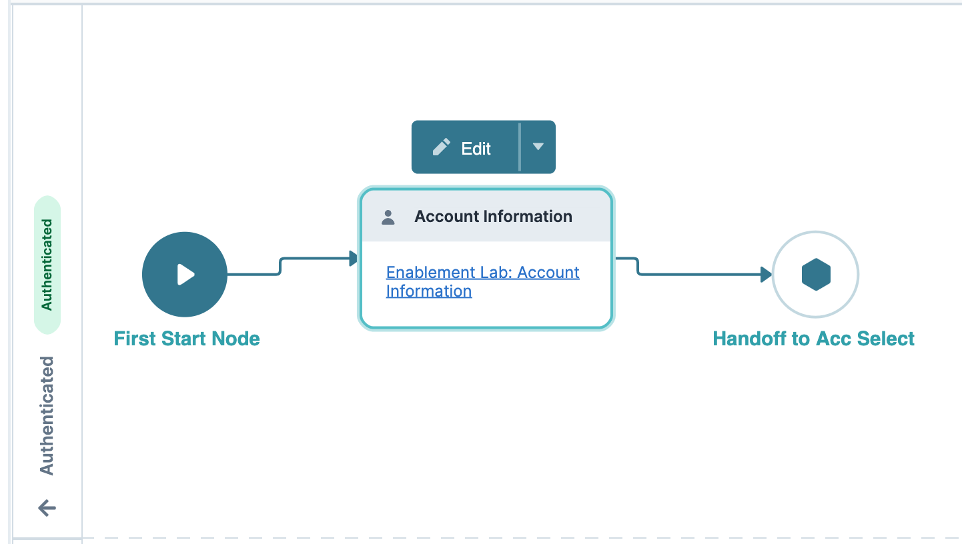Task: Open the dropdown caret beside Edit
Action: pyautogui.click(x=538, y=147)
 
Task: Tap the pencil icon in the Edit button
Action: pyautogui.click(x=441, y=148)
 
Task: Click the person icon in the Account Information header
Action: pyautogui.click(x=388, y=217)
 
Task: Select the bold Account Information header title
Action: pyautogui.click(x=493, y=217)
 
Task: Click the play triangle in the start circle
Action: pyautogui.click(x=185, y=275)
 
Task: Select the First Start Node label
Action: pyautogui.click(x=187, y=339)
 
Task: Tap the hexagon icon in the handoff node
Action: pyautogui.click(x=815, y=275)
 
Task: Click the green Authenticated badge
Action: pyautogui.click(x=47, y=265)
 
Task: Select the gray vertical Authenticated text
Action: pyautogui.click(x=47, y=415)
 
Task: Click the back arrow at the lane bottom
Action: pyautogui.click(x=47, y=509)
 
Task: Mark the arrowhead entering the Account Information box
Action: pyautogui.click(x=354, y=259)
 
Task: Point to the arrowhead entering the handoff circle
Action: pyautogui.click(x=767, y=275)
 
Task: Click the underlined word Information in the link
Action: pyautogui.click(x=429, y=291)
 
